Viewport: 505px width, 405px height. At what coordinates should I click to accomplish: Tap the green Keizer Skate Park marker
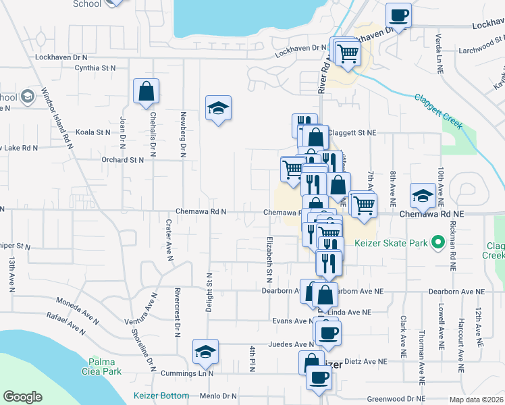(x=437, y=240)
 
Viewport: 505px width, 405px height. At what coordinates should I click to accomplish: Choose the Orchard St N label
(x=122, y=160)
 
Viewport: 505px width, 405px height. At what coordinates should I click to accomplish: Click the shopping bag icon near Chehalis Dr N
(x=146, y=92)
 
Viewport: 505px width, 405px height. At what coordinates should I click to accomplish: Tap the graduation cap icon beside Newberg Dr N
(x=218, y=108)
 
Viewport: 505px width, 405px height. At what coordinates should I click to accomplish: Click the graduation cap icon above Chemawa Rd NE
(x=423, y=196)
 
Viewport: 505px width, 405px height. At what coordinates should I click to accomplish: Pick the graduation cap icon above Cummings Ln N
(x=205, y=352)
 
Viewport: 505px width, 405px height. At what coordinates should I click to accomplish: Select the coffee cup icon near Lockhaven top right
(x=398, y=16)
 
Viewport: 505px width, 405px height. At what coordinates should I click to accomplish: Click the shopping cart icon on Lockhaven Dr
(x=347, y=52)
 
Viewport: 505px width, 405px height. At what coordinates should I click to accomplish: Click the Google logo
(x=22, y=397)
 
